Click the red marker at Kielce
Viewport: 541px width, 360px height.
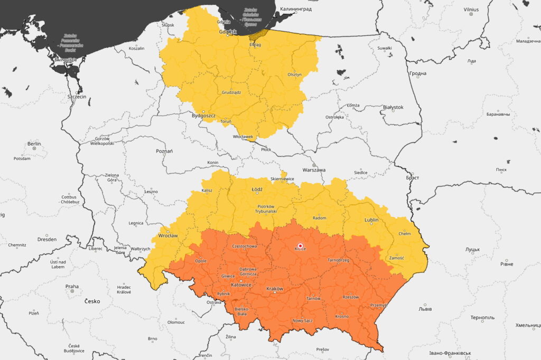point(300,246)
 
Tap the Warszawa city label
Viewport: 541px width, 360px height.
point(314,170)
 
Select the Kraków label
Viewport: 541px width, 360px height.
point(275,289)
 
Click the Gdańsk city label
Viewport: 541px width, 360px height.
point(228,32)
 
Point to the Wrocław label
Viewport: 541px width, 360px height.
point(168,236)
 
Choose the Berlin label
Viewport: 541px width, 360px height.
point(34,144)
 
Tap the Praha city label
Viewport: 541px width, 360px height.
point(72,287)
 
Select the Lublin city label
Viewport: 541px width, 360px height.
point(371,220)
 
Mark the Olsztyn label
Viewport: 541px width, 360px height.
point(294,74)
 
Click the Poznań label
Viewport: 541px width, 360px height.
point(164,151)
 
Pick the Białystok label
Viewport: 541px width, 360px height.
point(393,107)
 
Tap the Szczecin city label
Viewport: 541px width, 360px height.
point(77,97)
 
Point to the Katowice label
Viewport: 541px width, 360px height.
point(240,285)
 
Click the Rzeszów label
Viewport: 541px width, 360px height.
point(350,297)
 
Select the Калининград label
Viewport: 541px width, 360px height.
point(296,9)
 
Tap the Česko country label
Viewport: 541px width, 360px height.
point(92,301)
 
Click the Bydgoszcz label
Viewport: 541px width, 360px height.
point(204,115)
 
